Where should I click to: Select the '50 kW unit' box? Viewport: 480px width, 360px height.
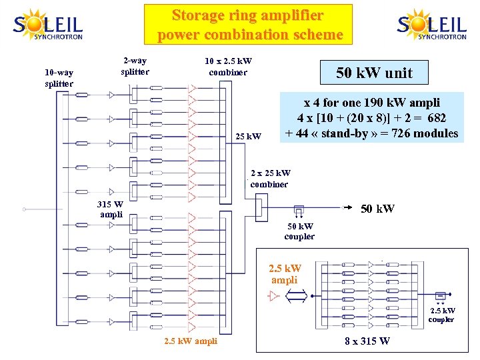tap(374, 73)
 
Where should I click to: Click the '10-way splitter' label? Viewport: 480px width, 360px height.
tap(59, 78)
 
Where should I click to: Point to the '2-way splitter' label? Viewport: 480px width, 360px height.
tap(135, 66)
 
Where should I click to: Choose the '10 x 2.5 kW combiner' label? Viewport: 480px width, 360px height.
tap(228, 67)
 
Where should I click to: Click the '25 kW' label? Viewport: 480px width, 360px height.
tap(249, 137)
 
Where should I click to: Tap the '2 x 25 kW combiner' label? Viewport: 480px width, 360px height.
tap(270, 179)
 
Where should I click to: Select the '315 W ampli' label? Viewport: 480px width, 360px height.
tap(109, 208)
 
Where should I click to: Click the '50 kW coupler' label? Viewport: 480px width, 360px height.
tap(299, 232)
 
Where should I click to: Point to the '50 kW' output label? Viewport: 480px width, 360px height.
tap(377, 209)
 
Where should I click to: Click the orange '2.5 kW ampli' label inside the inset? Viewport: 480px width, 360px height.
tap(285, 274)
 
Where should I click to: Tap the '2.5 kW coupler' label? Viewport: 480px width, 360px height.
tap(442, 315)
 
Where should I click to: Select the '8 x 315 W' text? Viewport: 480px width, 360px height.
tap(367, 343)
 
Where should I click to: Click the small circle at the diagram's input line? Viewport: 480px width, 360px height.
tap(24, 209)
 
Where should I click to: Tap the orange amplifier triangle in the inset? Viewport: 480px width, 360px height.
tap(273, 296)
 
